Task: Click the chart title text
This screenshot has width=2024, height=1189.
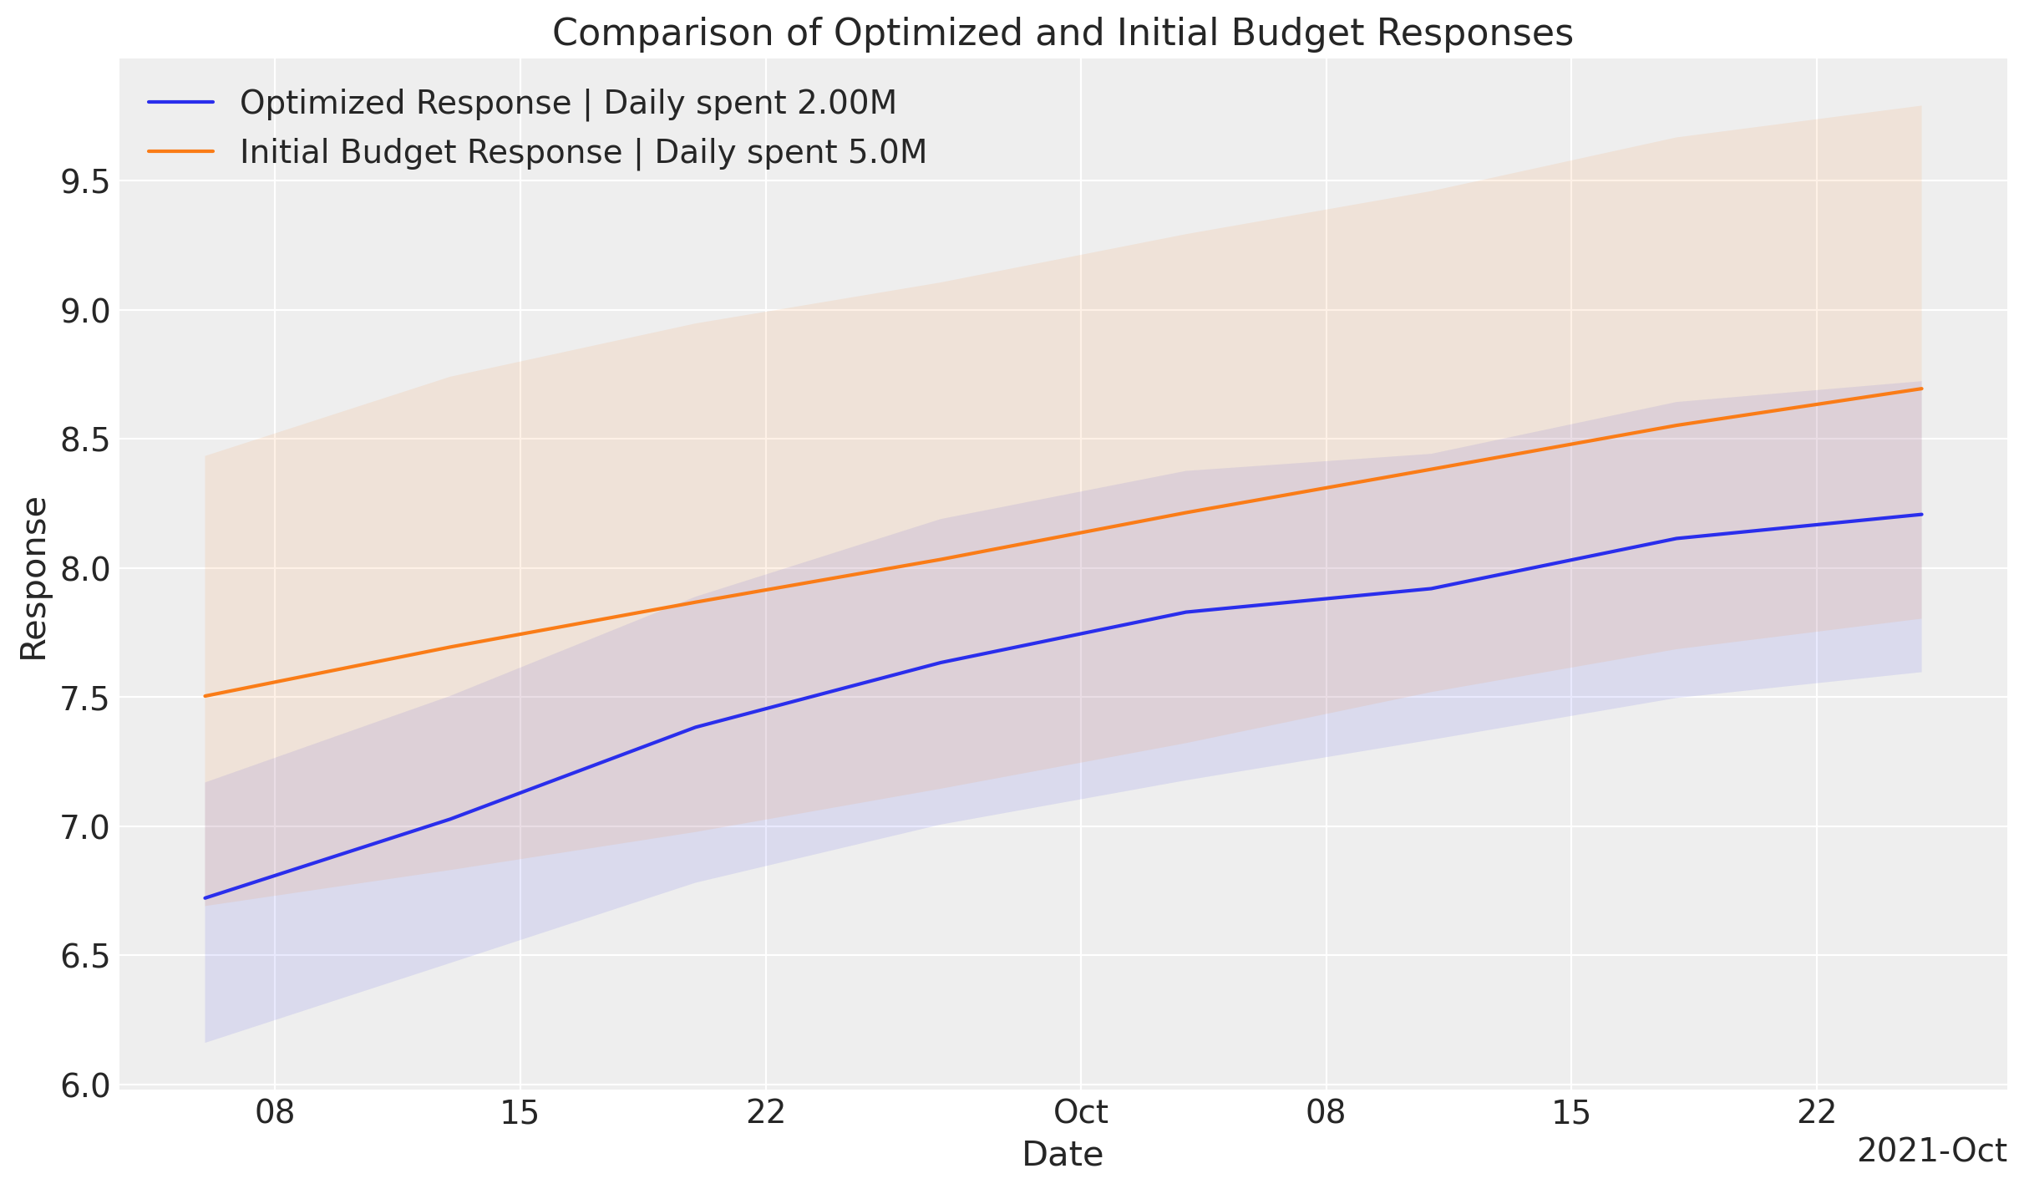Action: tap(1063, 33)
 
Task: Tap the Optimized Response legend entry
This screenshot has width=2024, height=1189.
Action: tap(567, 103)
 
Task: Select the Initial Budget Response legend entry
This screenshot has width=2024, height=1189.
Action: tap(582, 152)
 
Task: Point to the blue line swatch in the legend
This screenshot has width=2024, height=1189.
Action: tap(181, 103)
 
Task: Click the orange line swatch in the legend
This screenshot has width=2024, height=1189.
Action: tap(181, 151)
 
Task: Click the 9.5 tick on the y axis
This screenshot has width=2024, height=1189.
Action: tap(86, 181)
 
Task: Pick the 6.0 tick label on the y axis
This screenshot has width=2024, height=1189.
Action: tap(86, 1085)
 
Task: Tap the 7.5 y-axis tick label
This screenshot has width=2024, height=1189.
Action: tap(86, 698)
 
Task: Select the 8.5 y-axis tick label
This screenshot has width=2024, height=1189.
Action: tap(86, 440)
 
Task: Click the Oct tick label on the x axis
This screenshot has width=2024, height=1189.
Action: tap(1081, 1113)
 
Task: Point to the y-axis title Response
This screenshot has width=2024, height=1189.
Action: tap(34, 578)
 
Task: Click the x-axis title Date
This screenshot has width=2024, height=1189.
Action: tap(1063, 1155)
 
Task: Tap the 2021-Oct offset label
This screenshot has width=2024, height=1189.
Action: tap(1931, 1151)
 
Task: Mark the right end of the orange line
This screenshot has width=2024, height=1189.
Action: tap(1921, 389)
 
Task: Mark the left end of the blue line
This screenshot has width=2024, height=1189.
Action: tap(205, 898)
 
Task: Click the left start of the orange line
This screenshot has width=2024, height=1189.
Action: tap(205, 696)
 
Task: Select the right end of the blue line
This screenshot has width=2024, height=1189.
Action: tap(1921, 515)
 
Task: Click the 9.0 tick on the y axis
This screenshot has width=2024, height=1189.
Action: tap(86, 311)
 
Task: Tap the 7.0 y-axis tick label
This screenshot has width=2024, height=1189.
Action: tap(86, 827)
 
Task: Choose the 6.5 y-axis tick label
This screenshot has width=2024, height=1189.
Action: tap(86, 956)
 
